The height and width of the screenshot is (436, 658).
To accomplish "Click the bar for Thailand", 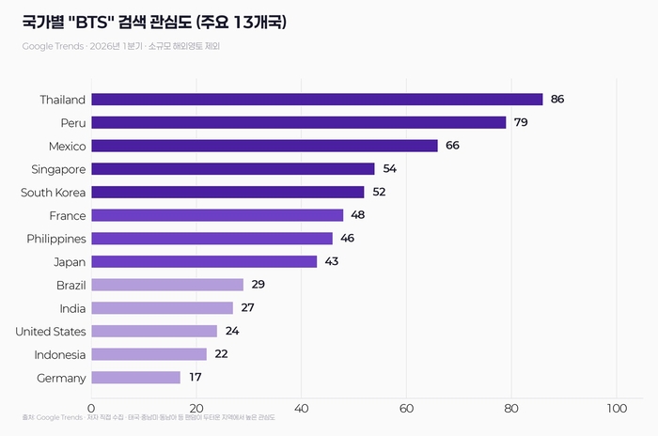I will pos(317,100).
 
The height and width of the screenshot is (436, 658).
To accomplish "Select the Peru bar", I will pos(299,122).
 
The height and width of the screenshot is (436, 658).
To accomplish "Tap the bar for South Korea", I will pos(227,192).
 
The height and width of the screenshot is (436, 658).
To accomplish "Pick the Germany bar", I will pos(135,378).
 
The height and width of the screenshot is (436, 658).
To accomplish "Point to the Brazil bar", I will pos(167,285).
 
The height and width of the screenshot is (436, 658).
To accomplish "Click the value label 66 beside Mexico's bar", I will pos(452,146).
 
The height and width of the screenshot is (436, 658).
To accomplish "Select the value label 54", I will pos(389,169).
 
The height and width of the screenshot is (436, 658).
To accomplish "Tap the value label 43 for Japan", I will pos(331,261).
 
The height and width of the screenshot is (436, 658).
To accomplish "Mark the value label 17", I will pos(195,378).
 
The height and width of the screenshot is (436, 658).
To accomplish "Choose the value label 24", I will pos(231,331).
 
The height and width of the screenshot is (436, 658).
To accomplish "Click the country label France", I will pos(67,215).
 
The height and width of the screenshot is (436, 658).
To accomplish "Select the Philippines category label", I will pos(56,239).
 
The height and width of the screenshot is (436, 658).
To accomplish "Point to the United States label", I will pos(51,331).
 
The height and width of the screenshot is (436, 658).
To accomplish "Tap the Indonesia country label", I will pos(60,354).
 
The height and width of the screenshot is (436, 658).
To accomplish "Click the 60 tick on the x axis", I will pos(406,408).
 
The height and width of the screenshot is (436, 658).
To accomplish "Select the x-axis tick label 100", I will pos(616,408).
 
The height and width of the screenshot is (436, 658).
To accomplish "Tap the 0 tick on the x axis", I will pos(91,408).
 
